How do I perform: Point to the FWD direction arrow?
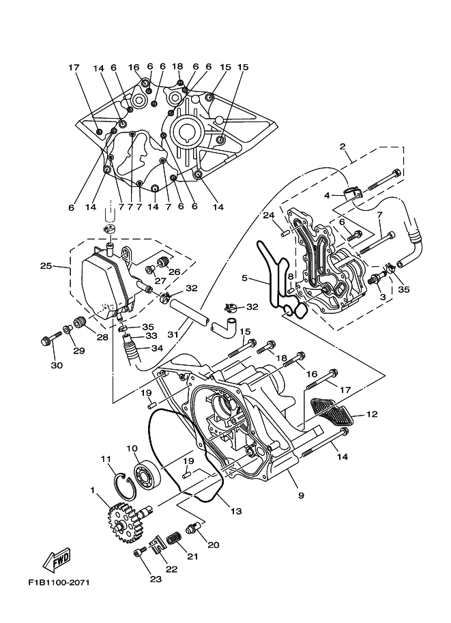(57, 559)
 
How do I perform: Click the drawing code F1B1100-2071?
(58, 583)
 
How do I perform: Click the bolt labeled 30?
(49, 339)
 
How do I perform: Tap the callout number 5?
(244, 278)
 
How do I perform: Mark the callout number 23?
(156, 580)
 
